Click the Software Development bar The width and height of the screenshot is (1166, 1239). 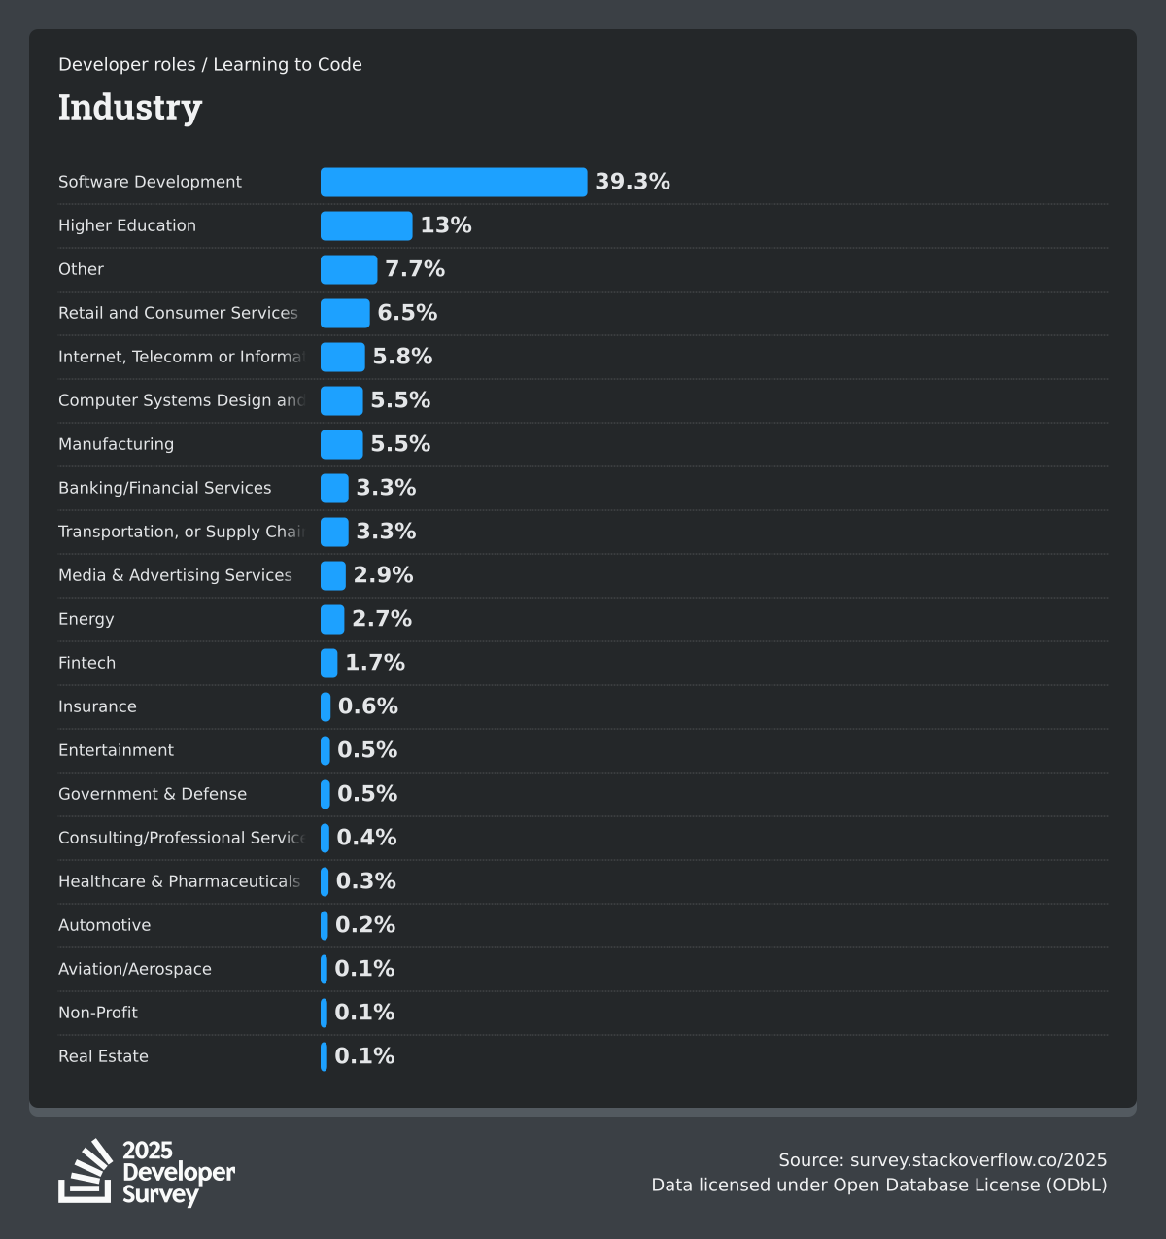(x=454, y=182)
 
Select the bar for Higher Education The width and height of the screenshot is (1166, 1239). (x=366, y=225)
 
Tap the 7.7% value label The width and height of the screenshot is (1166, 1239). (x=415, y=269)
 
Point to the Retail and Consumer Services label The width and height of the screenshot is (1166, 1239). (x=178, y=313)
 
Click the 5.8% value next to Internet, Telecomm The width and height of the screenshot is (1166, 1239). (x=402, y=357)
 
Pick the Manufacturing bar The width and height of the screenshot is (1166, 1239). (x=342, y=444)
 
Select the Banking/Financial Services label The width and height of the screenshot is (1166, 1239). (x=165, y=488)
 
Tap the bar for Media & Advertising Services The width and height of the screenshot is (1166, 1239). (x=333, y=575)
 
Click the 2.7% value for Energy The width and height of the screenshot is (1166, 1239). (x=382, y=619)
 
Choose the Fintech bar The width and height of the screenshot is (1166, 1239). (x=329, y=663)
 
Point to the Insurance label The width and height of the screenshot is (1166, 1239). (x=97, y=706)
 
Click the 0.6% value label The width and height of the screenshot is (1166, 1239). (x=368, y=706)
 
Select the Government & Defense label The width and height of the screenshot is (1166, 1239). (x=153, y=794)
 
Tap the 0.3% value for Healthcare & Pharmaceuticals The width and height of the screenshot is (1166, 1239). (x=366, y=881)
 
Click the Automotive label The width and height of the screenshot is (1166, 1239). (x=105, y=925)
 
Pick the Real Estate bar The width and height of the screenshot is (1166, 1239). (x=324, y=1056)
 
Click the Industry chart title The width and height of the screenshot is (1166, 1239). (x=130, y=107)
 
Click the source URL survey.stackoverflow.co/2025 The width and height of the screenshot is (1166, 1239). (x=978, y=1160)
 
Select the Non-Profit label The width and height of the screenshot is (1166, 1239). (x=98, y=1013)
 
